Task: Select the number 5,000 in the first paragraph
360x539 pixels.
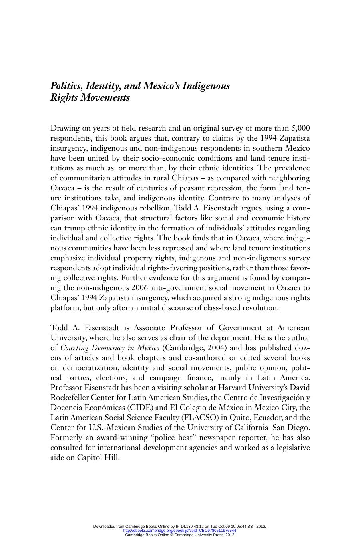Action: [300, 128]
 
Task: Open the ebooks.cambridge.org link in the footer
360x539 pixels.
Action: [180, 531]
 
